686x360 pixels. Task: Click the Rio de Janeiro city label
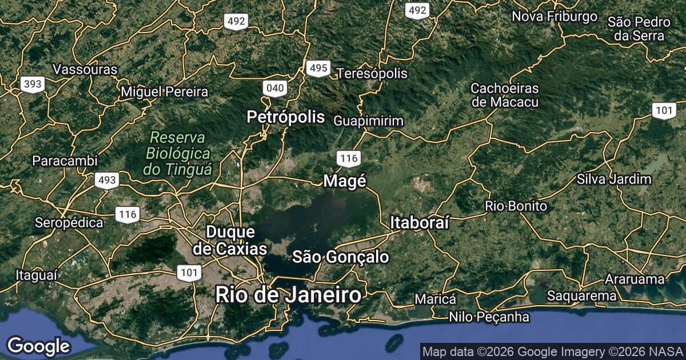(x=289, y=295)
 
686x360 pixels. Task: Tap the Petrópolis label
(x=286, y=118)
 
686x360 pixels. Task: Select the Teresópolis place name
(x=372, y=74)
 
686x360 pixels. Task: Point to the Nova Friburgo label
(x=555, y=17)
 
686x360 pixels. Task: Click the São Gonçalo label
(x=341, y=257)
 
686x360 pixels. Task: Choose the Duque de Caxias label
(x=230, y=241)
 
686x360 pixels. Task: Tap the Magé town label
(x=344, y=181)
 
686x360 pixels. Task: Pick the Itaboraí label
(x=420, y=223)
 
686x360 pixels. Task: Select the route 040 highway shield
(x=275, y=88)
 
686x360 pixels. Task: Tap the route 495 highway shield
(x=317, y=69)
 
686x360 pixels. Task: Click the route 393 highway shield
(x=33, y=85)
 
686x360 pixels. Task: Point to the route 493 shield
(x=107, y=181)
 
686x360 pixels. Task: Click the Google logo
(x=38, y=346)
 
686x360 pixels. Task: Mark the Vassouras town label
(x=85, y=70)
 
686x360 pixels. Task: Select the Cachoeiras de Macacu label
(x=505, y=95)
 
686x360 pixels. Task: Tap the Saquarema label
(x=581, y=296)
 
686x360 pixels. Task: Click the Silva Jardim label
(x=615, y=179)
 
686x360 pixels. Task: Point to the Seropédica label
(x=69, y=222)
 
